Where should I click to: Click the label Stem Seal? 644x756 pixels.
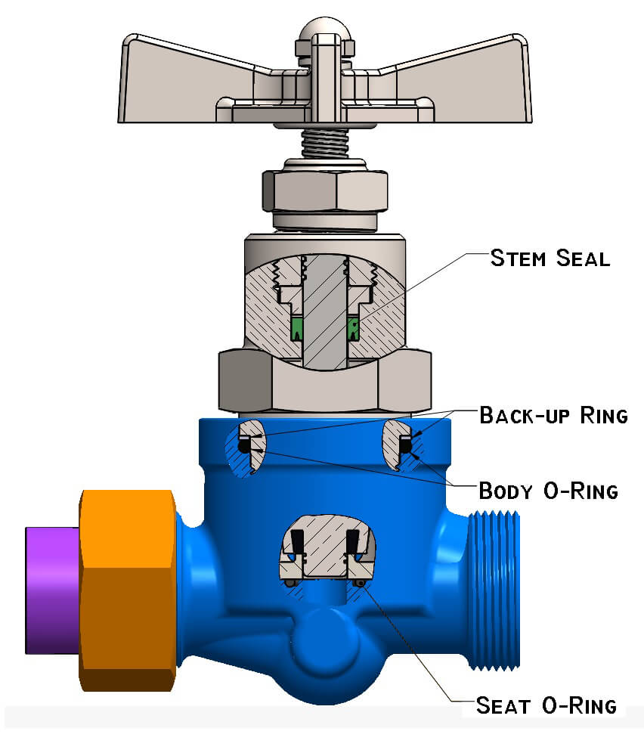pos(550,259)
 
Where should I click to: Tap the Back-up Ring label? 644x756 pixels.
pos(553,415)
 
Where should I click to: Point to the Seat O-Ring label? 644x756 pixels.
pos(546,706)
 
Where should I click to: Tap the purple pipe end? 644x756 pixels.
pos(51,590)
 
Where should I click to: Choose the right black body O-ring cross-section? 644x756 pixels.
pos(406,448)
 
